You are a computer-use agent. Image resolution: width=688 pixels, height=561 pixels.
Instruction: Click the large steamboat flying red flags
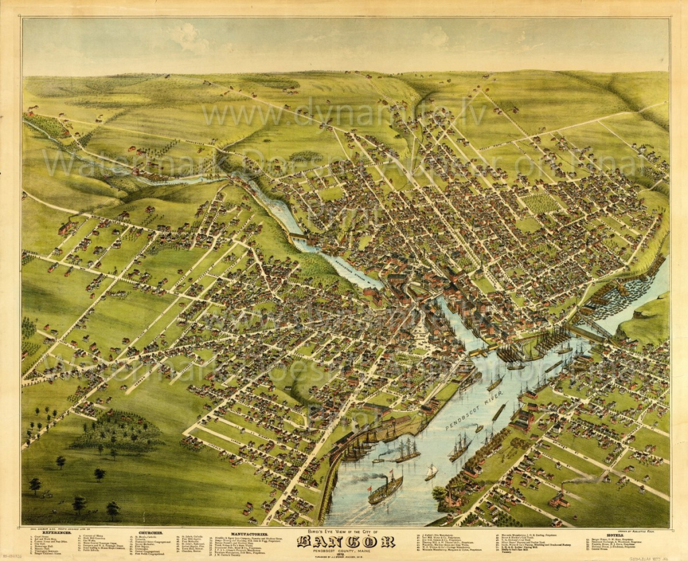coord(384,488)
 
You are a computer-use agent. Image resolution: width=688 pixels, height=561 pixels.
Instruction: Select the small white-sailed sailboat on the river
coord(431,473)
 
